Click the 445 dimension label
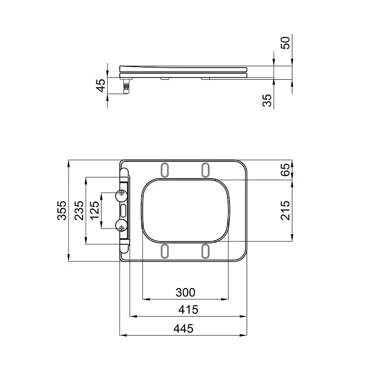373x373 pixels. [x=183, y=329]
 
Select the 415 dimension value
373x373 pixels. [x=188, y=310]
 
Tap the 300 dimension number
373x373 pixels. [x=185, y=292]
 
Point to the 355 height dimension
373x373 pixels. [x=62, y=210]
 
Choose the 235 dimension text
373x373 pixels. [x=79, y=210]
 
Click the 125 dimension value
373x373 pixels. [x=95, y=210]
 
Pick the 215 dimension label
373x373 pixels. [x=285, y=210]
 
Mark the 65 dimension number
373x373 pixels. [x=285, y=170]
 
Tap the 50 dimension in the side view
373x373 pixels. [x=285, y=43]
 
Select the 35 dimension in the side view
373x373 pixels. [x=267, y=100]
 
